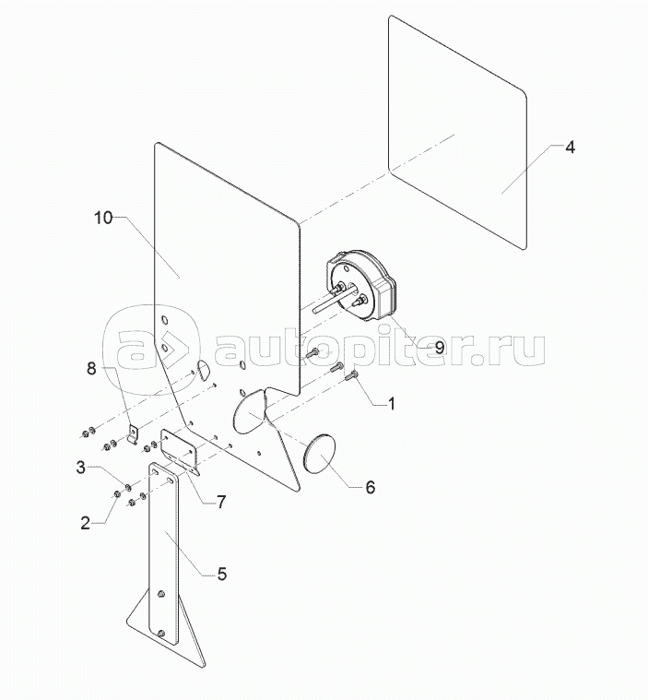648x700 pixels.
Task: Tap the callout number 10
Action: (x=103, y=218)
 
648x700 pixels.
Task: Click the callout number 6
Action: (x=370, y=486)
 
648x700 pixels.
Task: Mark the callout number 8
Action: (x=91, y=369)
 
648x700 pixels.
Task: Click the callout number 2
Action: (x=85, y=523)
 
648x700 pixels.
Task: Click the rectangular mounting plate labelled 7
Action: (x=179, y=451)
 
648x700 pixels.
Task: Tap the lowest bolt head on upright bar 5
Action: (x=162, y=635)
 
